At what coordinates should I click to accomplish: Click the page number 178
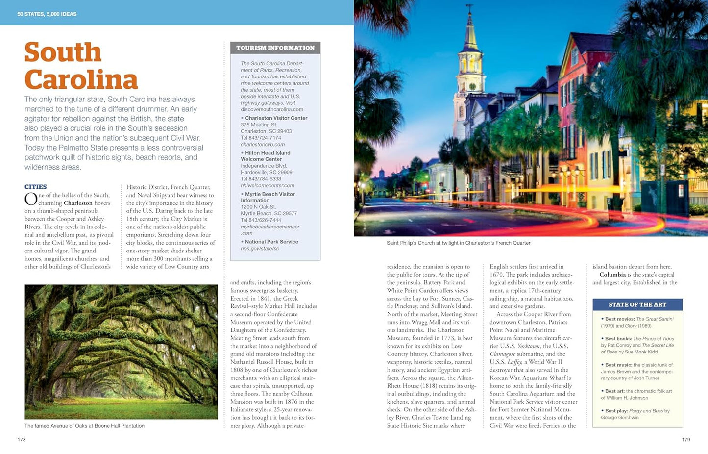click(22, 440)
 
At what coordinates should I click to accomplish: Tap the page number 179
click(686, 440)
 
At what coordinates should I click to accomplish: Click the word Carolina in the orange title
click(81, 80)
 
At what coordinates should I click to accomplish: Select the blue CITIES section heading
click(36, 187)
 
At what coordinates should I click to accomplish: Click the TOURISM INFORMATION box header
click(275, 48)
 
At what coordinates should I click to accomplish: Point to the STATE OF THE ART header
click(637, 305)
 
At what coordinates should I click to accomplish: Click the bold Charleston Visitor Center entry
click(276, 118)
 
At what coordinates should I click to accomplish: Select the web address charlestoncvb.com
click(263, 145)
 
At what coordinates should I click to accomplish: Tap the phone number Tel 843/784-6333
click(261, 179)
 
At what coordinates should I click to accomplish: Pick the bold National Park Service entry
click(271, 242)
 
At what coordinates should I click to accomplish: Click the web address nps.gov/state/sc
click(260, 249)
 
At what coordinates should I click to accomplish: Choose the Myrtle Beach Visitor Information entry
click(269, 197)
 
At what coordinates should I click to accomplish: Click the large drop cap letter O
click(31, 199)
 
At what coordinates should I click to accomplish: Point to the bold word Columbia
click(612, 275)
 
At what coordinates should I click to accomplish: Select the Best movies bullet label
click(619, 319)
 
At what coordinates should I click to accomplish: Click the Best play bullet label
click(616, 411)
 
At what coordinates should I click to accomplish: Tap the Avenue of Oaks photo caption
click(84, 426)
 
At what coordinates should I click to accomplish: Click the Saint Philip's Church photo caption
click(458, 243)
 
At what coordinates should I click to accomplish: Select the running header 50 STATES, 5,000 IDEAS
click(47, 14)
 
